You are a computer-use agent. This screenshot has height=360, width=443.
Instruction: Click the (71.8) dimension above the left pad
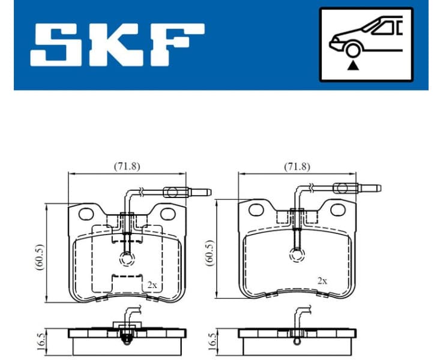click(127, 167)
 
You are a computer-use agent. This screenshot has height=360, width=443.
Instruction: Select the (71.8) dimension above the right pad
click(297, 167)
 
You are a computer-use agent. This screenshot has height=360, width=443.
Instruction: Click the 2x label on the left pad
click(152, 286)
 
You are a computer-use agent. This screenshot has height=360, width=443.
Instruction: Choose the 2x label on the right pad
click(322, 280)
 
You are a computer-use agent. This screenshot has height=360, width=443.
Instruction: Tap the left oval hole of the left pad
click(86, 214)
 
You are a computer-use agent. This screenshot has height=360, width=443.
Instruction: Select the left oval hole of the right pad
click(256, 209)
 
